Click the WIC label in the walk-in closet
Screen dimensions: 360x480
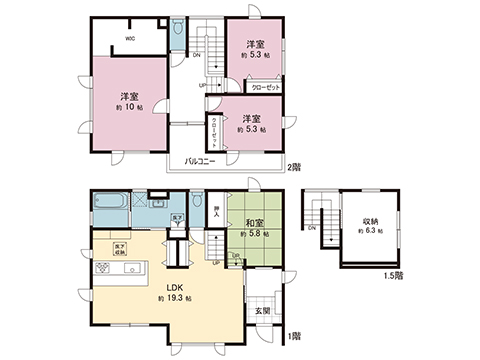(x=131, y=40)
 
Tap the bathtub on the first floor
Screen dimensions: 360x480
(x=109, y=202)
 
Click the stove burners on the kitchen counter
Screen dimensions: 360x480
(x=103, y=270)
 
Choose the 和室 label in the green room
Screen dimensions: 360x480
(x=254, y=223)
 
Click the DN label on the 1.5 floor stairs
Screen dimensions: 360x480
(x=313, y=229)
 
